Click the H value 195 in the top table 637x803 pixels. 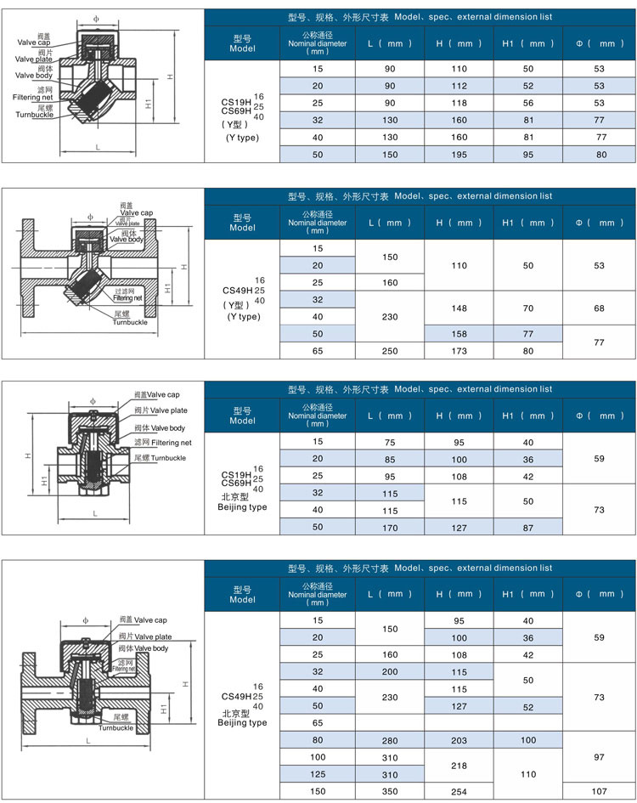click(459, 155)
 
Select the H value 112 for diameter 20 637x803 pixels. click(459, 85)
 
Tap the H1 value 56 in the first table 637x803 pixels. click(527, 103)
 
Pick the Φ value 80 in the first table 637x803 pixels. click(600, 155)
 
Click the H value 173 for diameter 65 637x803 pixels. click(459, 350)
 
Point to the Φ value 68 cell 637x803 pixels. click(600, 308)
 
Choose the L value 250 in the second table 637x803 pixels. click(390, 350)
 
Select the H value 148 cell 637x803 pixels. click(459, 308)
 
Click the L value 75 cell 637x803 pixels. click(390, 442)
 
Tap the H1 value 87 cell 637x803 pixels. click(527, 528)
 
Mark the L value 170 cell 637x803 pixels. click(390, 528)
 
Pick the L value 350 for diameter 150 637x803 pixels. click(390, 791)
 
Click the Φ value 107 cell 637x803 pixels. click(600, 791)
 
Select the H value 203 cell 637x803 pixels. click(459, 739)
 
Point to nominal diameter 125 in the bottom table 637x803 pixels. click(318, 774)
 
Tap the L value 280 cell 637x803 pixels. click(390, 739)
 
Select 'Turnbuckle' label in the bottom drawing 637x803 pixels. click(116, 728)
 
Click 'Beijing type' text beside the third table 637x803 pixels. click(242, 507)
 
